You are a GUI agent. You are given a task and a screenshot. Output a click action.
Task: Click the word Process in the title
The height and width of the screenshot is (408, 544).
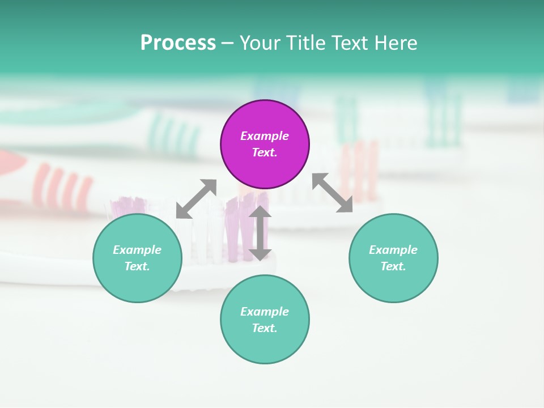178,43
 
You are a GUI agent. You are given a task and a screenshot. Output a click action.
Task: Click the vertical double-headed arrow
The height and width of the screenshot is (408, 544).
260,233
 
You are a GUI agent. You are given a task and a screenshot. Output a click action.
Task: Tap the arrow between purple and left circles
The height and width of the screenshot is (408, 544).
196,199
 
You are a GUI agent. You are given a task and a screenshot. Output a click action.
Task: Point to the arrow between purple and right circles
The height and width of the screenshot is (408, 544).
332,193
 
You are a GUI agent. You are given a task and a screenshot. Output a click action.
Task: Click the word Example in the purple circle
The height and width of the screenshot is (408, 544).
265,136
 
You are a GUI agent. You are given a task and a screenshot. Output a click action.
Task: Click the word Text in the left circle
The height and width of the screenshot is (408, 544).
137,266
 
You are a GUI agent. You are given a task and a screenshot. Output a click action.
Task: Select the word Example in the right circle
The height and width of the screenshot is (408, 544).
393,250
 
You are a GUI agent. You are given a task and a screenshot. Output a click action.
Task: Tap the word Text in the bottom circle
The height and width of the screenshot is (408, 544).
265,328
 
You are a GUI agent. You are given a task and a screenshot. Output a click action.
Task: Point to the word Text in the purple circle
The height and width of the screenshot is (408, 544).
265,152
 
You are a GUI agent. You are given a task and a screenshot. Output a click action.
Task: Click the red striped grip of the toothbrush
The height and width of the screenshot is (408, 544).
62,187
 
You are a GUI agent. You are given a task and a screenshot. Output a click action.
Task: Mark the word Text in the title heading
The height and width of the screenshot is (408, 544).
350,43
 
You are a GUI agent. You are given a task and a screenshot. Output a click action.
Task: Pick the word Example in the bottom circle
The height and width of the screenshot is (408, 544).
265,312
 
